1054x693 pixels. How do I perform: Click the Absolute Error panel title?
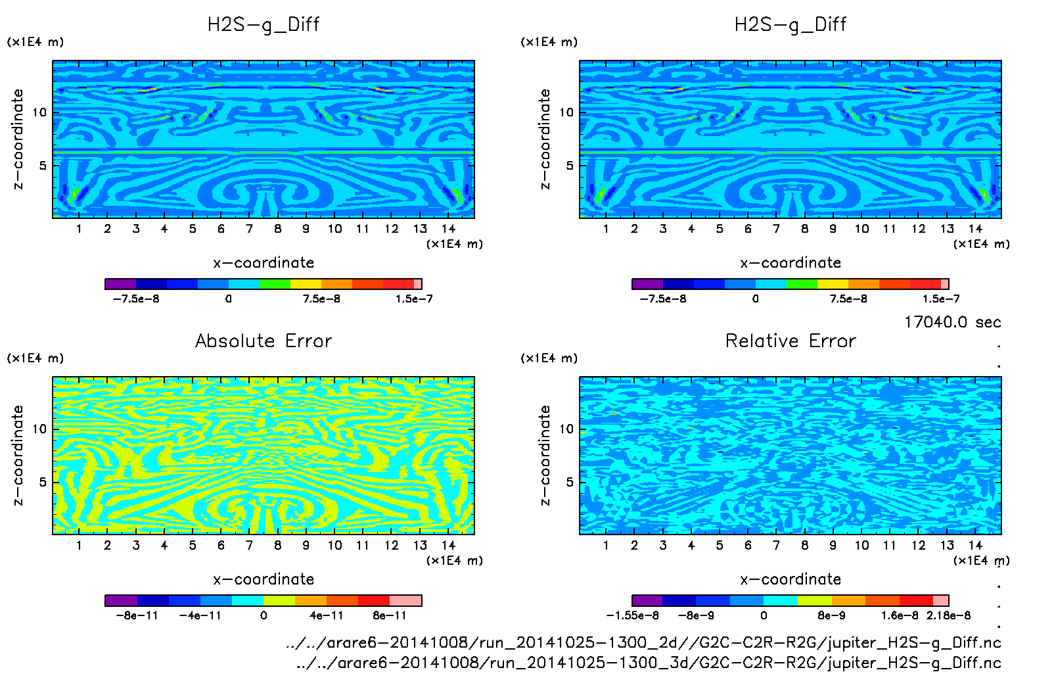coord(263,341)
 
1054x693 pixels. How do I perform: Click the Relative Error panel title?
coord(790,341)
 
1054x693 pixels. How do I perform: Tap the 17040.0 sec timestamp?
coord(952,322)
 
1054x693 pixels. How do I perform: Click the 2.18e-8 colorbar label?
coord(948,615)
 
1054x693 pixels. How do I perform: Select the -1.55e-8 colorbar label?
coord(632,615)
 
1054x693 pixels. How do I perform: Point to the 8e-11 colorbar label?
coord(390,615)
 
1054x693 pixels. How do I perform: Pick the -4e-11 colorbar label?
coord(200,615)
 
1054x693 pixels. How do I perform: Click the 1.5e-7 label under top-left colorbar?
coord(414,299)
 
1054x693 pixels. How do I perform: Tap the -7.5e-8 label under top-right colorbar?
coord(663,299)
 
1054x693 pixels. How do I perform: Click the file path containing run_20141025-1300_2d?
coord(643,642)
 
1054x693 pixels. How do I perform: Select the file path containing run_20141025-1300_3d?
coord(649,663)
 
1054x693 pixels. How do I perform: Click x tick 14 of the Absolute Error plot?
coord(448,545)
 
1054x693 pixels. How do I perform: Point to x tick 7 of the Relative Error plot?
coord(776,545)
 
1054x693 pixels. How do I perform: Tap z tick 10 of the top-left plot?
coord(39,112)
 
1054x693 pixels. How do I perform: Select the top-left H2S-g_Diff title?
coord(263,24)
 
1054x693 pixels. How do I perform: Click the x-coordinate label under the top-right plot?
coord(790,263)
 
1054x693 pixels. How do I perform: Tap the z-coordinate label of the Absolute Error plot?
coord(18,455)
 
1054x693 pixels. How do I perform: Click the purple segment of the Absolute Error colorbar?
coord(121,600)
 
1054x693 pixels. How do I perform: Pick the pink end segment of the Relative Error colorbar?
coord(941,600)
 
